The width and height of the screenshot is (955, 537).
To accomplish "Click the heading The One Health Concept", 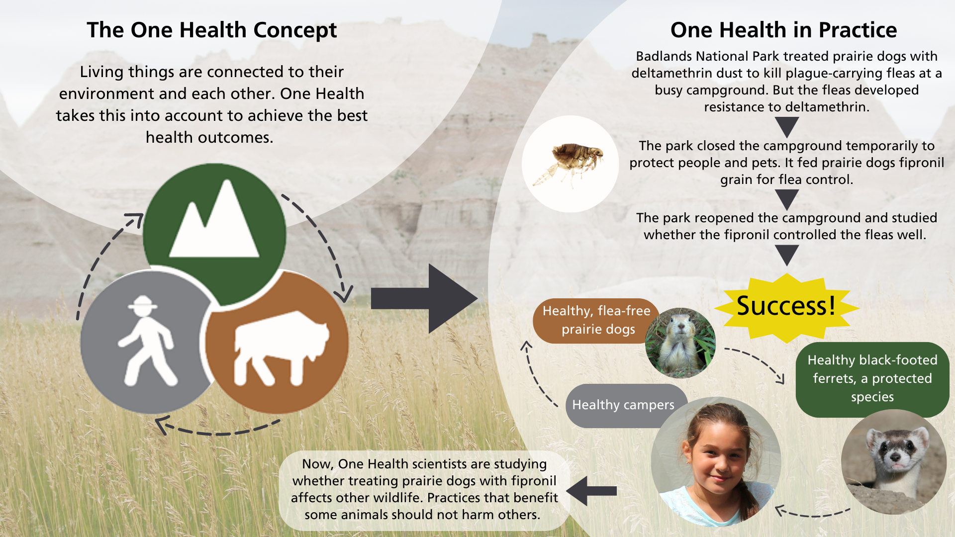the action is (212, 30).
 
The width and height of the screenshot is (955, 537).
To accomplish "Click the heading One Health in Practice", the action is (783, 30).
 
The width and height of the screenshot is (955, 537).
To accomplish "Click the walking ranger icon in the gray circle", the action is (148, 341).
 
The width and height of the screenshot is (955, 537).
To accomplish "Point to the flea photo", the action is (571, 164).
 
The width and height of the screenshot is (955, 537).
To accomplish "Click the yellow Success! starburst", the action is (786, 307).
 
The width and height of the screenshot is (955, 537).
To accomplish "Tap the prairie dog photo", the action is (680, 343).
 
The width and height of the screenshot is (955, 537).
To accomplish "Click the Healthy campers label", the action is (623, 405).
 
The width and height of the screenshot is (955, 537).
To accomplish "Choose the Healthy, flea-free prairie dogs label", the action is (596, 320).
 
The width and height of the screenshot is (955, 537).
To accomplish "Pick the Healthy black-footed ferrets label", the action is (872, 378).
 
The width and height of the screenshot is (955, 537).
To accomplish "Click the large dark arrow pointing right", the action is (424, 298).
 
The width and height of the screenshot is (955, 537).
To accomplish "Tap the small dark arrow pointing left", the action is (591, 491).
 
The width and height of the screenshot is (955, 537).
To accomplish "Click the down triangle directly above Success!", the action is (787, 256).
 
